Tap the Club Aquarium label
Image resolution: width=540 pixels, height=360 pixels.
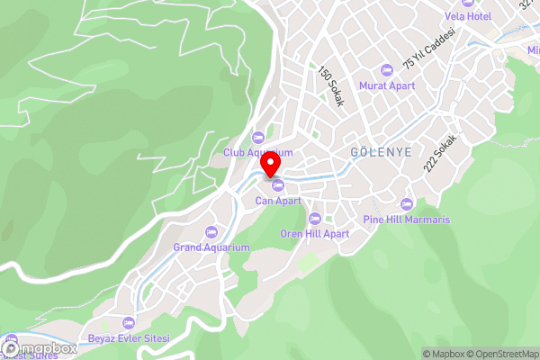[258, 153]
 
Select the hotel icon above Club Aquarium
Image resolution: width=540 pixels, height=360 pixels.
[258, 137]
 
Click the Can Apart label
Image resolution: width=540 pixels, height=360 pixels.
[278, 201]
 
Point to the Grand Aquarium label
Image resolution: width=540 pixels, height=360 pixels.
[211, 247]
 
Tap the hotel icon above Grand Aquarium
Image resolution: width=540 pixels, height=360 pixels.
[211, 231]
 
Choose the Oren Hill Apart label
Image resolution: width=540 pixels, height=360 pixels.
[315, 233]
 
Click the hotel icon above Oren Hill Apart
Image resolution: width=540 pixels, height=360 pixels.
[314, 218]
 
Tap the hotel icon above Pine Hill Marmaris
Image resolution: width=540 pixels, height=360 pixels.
[407, 204]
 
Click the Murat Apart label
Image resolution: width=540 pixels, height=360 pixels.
[387, 85]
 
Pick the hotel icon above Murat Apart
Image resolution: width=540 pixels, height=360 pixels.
[387, 69]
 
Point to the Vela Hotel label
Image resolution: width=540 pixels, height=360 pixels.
[466, 17]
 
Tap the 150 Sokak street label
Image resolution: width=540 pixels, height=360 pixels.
[330, 87]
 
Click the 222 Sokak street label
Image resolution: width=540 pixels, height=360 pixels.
[441, 154]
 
